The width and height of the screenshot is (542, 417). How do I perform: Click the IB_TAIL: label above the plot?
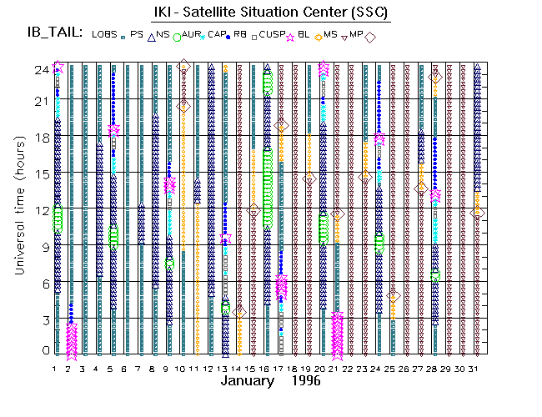coord(53,33)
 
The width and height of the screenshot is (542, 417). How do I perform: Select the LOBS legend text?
coord(104,34)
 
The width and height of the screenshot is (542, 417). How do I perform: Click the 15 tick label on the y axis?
coord(39,174)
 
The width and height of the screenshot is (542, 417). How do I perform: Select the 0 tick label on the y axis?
coord(43,350)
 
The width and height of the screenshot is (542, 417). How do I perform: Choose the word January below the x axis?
coord(248,381)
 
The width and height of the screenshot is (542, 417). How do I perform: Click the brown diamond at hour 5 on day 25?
coord(394,295)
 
